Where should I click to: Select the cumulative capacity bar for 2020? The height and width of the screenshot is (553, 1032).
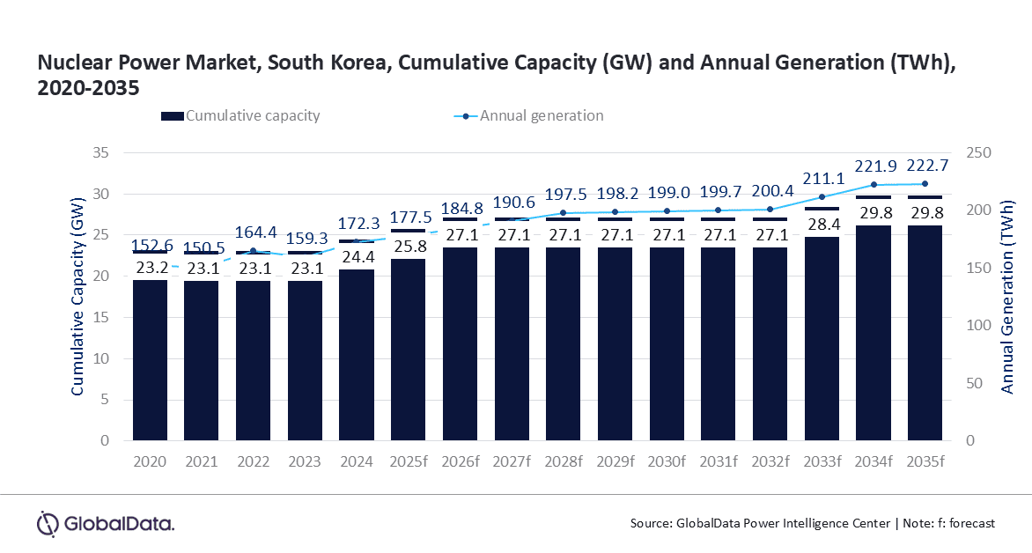[151, 361]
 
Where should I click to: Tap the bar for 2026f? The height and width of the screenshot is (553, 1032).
[461, 343]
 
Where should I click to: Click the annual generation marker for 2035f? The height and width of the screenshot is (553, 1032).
[925, 184]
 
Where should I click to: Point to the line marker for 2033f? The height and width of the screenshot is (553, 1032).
[822, 197]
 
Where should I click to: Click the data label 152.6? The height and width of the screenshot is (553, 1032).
[151, 246]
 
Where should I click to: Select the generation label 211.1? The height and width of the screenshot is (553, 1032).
[822, 180]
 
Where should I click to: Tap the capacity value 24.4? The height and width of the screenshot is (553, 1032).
[357, 259]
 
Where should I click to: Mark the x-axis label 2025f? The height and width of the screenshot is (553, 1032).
[409, 462]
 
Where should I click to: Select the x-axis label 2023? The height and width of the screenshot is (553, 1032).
[306, 462]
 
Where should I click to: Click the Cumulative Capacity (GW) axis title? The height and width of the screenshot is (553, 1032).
[77, 295]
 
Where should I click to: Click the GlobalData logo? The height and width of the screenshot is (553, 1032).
[106, 524]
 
